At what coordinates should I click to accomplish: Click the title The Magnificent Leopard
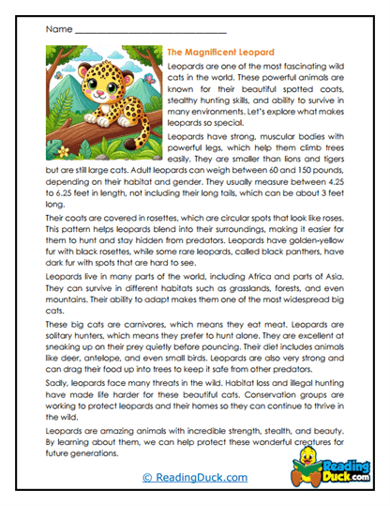(x=219, y=52)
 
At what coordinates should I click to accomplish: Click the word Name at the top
(x=56, y=29)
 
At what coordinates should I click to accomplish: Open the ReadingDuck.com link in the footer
(x=193, y=479)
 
